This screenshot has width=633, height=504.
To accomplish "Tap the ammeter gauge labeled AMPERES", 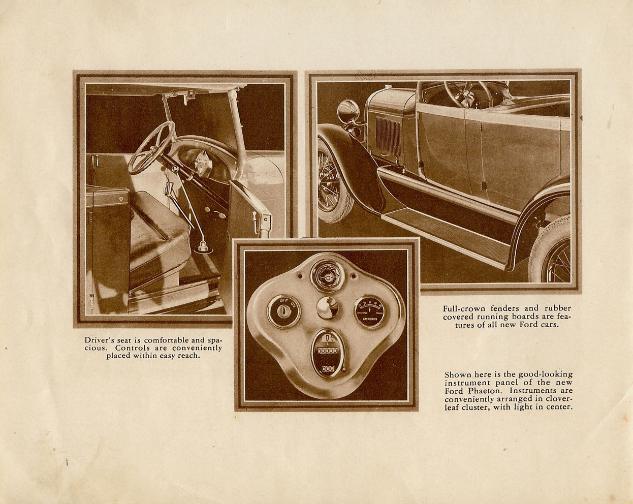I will tap(369, 311).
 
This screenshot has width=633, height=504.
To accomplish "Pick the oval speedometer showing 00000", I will tap(327, 353).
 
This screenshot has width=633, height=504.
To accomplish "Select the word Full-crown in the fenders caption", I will tap(462, 308).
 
